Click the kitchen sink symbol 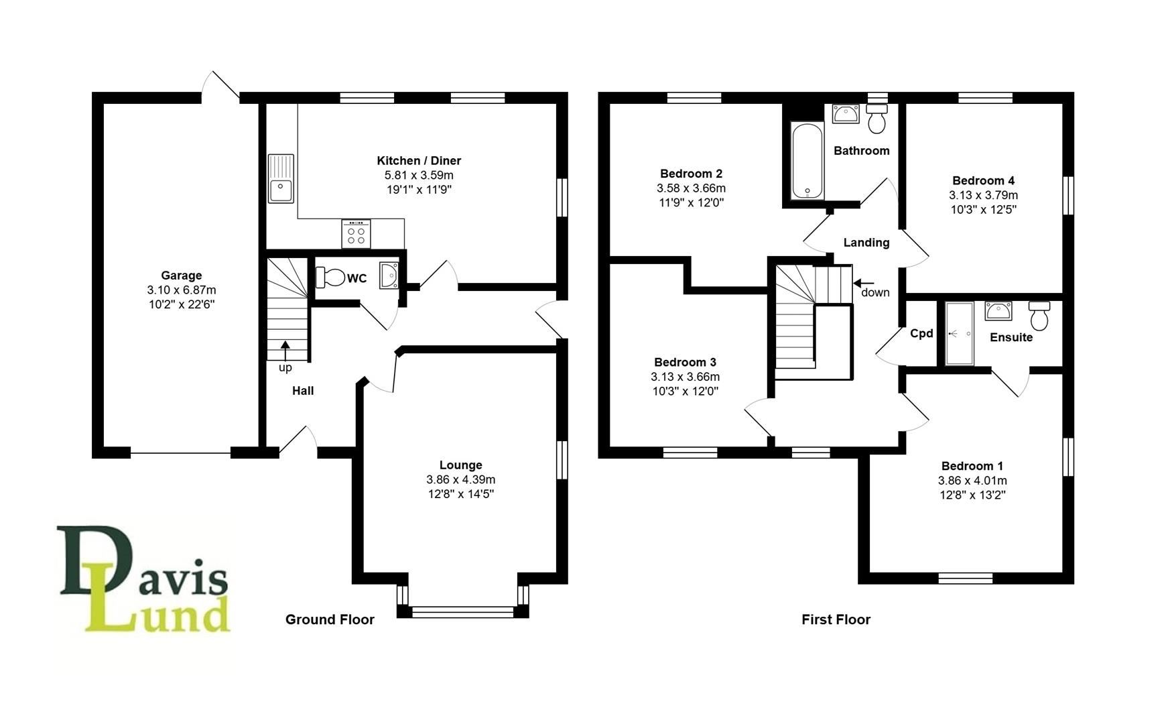pyautogui.click(x=281, y=178)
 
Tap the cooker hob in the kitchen pyautogui.click(x=356, y=234)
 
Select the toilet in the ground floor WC pyautogui.click(x=330, y=277)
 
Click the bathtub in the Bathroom pyautogui.click(x=807, y=161)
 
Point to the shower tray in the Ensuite pyautogui.click(x=959, y=334)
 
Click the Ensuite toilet pyautogui.click(x=1039, y=316)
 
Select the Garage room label pyautogui.click(x=181, y=276)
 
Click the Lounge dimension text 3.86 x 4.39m pyautogui.click(x=460, y=480)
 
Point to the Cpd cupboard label pyautogui.click(x=921, y=334)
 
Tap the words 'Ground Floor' pyautogui.click(x=330, y=620)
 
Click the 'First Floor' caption pyautogui.click(x=836, y=620)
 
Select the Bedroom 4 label pyautogui.click(x=983, y=181)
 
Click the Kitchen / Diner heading pyautogui.click(x=419, y=161)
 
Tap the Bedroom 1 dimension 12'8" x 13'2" pyautogui.click(x=972, y=495)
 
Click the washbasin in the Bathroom pyautogui.click(x=846, y=114)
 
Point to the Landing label pyautogui.click(x=866, y=243)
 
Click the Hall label pyautogui.click(x=303, y=391)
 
